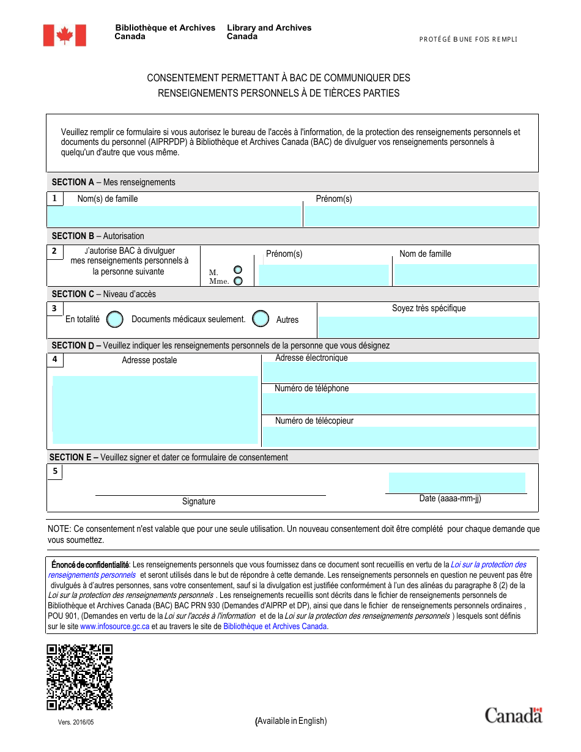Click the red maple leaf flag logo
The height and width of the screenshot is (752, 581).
[x=64, y=35]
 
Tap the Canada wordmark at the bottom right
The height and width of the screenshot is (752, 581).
[x=513, y=715]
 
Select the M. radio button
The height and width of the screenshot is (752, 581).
[x=238, y=270]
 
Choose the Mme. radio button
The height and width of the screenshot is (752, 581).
[x=238, y=281]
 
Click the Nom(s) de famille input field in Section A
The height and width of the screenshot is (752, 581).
[x=174, y=216]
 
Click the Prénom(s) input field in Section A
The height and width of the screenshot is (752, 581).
[x=421, y=216]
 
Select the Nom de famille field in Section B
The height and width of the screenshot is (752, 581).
[x=465, y=275]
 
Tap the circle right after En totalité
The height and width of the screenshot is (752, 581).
[x=114, y=319]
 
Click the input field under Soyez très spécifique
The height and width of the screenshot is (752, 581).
[x=428, y=326]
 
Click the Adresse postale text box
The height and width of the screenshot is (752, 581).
[x=155, y=409]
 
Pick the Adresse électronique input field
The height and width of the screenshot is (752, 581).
[x=399, y=372]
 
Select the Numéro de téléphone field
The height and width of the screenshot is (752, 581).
[x=399, y=404]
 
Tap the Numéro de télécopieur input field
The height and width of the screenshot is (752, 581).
[x=399, y=437]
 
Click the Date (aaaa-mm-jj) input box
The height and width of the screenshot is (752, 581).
[x=457, y=482]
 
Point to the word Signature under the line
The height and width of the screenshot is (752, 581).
[x=199, y=501]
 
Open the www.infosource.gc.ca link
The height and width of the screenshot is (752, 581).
[x=114, y=627]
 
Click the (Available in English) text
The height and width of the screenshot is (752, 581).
[x=291, y=721]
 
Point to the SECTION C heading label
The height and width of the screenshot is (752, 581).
[x=73, y=294]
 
